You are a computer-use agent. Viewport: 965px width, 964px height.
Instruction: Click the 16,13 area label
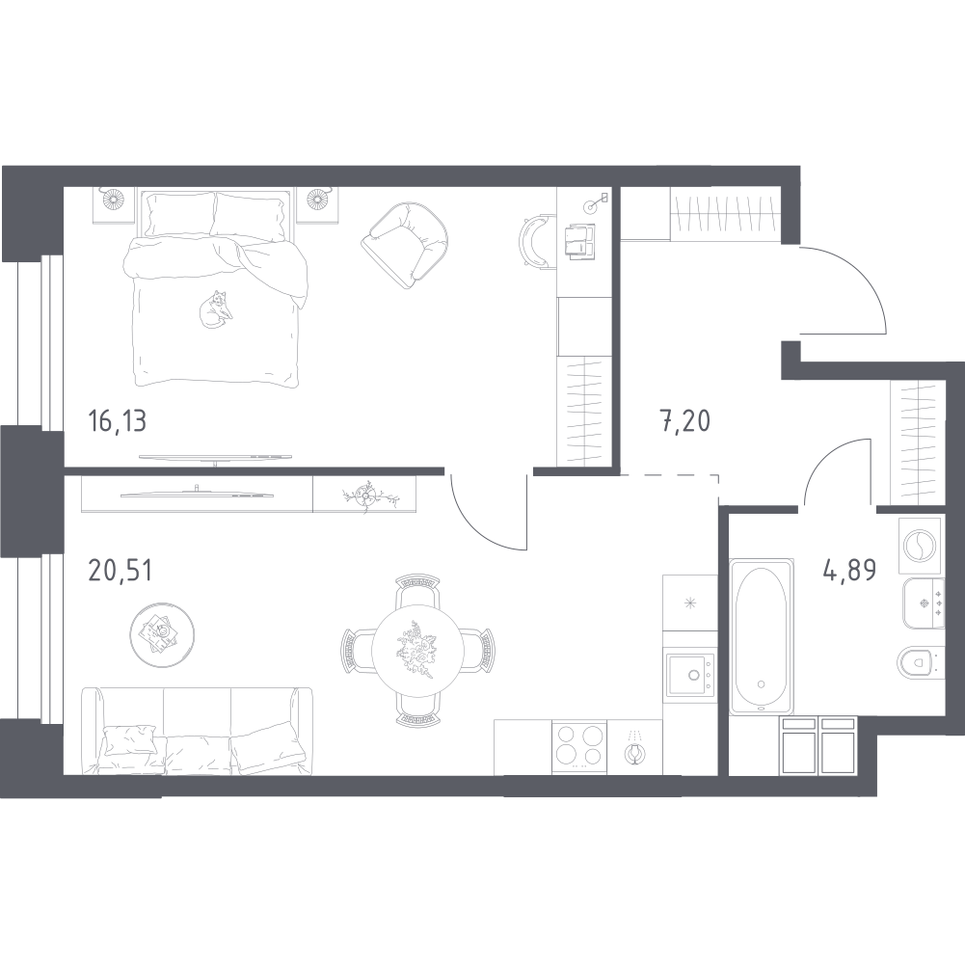tap(118, 421)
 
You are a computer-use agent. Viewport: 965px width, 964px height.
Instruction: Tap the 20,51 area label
tap(120, 571)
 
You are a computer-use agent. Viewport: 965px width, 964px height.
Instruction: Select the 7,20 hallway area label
tap(685, 421)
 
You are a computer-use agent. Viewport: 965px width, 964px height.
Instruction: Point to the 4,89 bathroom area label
tap(849, 571)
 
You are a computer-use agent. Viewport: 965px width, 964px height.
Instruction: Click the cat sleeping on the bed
tap(215, 308)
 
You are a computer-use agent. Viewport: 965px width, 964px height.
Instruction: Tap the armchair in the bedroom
tap(404, 245)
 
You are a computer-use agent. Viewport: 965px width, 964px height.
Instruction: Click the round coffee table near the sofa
tap(162, 634)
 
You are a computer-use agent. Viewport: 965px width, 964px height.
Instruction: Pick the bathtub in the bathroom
tap(761, 636)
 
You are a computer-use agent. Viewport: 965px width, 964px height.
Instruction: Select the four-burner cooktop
tap(579, 745)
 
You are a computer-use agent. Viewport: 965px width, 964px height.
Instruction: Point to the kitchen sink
tap(690, 676)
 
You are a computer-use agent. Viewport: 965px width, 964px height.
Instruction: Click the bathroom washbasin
tap(924, 603)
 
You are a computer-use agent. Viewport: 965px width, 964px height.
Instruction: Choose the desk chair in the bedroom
tap(535, 241)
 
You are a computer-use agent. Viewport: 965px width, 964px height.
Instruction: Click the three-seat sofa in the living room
tap(197, 731)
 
